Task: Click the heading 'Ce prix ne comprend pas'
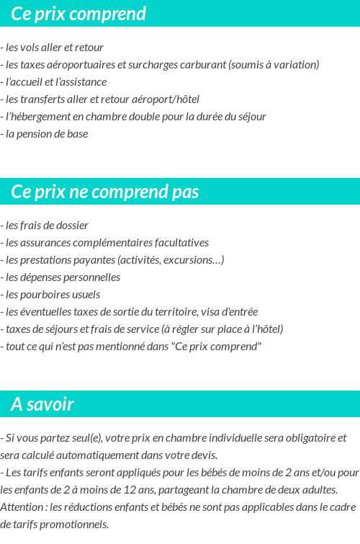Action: [x=105, y=192]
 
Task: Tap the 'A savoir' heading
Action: [x=42, y=405]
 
